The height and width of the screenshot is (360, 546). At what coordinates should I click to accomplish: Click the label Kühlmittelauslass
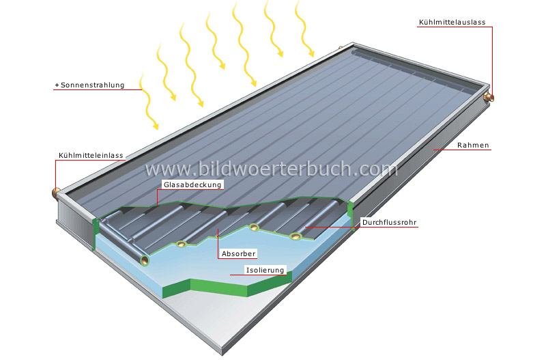pos(451,23)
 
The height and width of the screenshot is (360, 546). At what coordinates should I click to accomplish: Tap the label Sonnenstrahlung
pos(91,86)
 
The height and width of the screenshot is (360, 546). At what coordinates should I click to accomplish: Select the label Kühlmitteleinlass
pos(91,156)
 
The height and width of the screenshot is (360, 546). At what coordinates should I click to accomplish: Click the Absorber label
pos(238,253)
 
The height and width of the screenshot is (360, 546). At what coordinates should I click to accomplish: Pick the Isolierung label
pos(265,270)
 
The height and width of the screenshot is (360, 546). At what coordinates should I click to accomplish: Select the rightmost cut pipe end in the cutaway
pos(296,236)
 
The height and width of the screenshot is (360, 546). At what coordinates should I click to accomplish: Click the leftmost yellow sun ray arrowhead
pos(156,126)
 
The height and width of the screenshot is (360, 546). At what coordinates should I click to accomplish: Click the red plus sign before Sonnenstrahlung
pos(57,86)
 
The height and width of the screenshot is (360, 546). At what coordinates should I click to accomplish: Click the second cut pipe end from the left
pos(182,245)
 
